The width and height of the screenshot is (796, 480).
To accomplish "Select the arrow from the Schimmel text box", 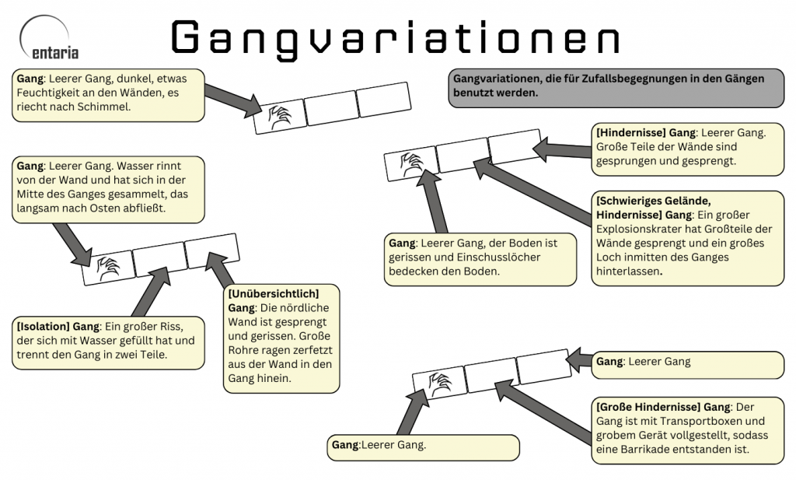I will (234, 96).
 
